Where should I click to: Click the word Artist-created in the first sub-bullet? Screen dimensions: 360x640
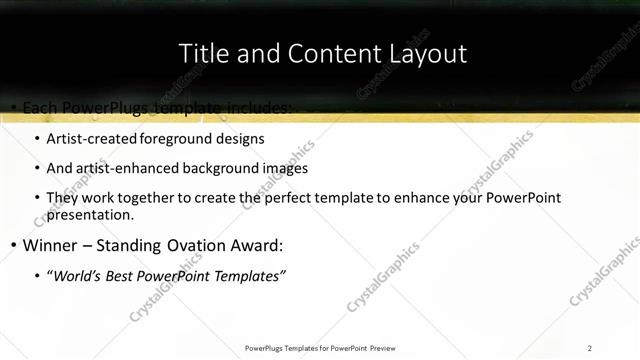tap(92, 138)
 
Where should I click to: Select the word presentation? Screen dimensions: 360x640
tap(89, 214)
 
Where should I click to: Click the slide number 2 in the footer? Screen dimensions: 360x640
tap(589, 348)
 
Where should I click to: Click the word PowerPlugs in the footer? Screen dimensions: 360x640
tap(265, 348)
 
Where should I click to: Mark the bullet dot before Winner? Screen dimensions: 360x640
tap(11, 245)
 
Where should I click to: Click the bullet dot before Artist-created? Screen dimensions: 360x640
tap(36, 138)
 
